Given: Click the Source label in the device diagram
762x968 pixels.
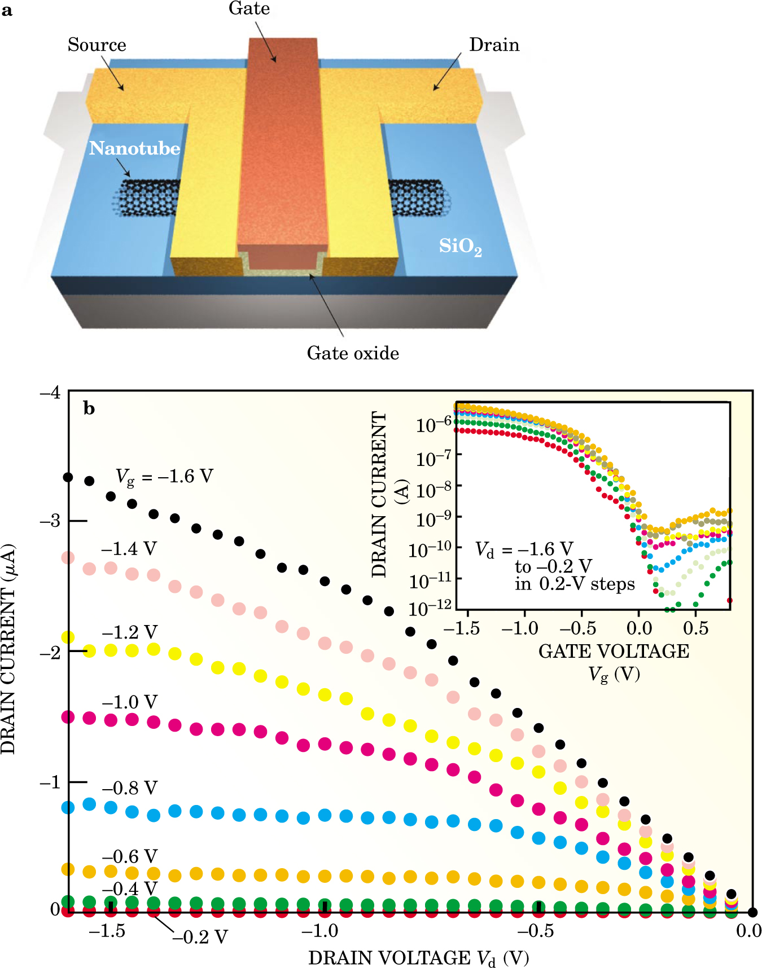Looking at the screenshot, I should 97,45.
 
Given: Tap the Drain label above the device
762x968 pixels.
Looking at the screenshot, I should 494,45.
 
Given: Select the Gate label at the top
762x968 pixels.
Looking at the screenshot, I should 249,8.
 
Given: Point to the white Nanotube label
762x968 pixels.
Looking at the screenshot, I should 134,148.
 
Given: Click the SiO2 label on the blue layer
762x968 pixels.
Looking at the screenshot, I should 461,247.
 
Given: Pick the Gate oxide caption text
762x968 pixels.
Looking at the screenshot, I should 353,353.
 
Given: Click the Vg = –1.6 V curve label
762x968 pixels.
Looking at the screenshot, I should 164,477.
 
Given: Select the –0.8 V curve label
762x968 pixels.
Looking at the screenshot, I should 129,787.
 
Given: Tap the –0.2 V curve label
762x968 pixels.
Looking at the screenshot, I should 200,937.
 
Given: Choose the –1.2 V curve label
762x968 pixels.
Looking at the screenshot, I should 129,632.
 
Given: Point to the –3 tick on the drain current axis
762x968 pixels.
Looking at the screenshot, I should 51,521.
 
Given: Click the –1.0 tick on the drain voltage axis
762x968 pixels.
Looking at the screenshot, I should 320,931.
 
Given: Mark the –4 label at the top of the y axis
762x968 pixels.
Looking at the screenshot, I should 50,392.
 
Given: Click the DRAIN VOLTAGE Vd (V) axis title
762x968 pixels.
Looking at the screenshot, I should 418,958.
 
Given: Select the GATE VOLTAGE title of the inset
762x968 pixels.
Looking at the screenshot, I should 614,651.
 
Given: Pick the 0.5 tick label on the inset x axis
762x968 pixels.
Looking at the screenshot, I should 695,628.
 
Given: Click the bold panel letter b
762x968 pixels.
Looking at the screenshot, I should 89,408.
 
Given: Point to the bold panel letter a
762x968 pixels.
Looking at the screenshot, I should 7,10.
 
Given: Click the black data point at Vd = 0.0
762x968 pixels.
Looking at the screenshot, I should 752,912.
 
